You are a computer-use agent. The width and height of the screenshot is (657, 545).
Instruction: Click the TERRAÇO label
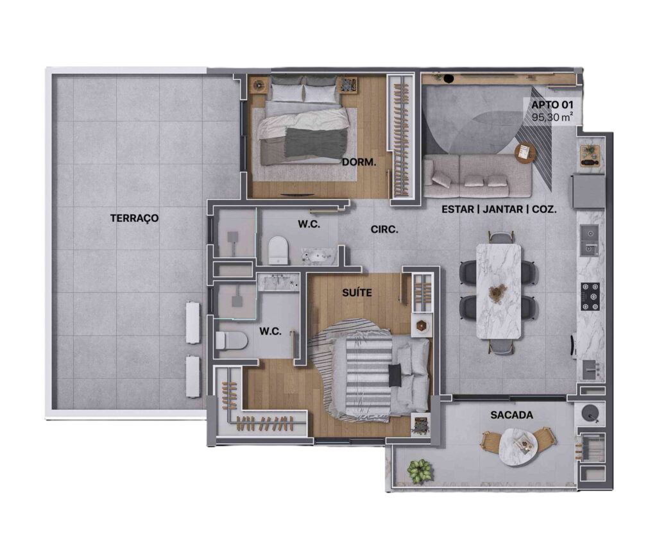(135, 218)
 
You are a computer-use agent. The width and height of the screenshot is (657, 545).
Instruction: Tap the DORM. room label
(359, 162)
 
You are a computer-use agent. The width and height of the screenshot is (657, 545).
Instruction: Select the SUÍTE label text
(357, 292)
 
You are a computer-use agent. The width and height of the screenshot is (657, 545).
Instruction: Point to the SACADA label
(511, 415)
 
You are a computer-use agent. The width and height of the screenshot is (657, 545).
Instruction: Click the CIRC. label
(384, 230)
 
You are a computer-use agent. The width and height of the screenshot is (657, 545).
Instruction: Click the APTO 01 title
(552, 105)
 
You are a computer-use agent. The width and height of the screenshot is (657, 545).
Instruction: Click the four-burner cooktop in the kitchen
(590, 296)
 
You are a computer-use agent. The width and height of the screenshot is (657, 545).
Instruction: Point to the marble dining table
(499, 291)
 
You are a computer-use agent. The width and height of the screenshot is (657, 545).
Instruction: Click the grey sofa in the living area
(477, 176)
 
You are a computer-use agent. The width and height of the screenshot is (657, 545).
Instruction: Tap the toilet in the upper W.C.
(278, 250)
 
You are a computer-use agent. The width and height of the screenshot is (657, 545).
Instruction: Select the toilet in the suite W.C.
(231, 340)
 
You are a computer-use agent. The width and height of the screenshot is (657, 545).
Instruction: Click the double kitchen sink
(589, 240)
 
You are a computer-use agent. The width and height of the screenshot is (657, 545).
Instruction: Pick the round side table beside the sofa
(525, 153)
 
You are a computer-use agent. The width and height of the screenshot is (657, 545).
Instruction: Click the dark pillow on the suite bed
(395, 376)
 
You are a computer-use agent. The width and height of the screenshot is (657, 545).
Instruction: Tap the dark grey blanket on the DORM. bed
(316, 142)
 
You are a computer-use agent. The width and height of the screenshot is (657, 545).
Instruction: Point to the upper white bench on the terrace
(193, 323)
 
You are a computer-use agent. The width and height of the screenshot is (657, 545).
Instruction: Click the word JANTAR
(502, 209)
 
